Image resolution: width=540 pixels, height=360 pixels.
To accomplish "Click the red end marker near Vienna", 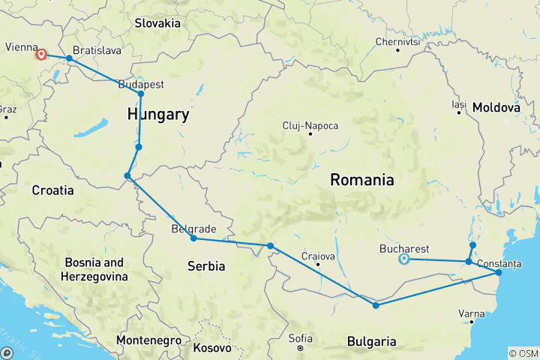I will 41,54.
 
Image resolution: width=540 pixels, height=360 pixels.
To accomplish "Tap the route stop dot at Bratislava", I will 69,58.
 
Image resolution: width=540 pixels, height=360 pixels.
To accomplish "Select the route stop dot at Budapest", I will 141,94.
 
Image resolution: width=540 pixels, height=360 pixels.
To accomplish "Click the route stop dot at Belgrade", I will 193,238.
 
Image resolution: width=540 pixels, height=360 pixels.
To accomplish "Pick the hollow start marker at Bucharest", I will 403,259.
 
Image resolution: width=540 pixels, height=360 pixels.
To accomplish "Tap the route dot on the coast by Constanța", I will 499,273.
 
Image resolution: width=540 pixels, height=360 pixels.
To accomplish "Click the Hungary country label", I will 157,115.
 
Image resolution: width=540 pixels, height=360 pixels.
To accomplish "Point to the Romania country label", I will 363,180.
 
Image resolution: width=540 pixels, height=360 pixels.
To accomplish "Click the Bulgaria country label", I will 372,342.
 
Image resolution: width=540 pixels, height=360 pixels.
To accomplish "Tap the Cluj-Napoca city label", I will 310,125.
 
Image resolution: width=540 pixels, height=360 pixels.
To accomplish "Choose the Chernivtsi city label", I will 397,41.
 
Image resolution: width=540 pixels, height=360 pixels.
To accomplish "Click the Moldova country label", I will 496,108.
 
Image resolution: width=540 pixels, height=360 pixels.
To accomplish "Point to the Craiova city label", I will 317,256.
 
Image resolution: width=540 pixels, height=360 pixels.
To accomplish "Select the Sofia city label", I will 300,338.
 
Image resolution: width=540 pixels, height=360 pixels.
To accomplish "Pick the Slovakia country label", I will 157,23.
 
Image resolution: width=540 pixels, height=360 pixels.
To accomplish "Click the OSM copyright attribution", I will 523,353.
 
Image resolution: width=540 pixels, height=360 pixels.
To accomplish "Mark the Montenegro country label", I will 148,340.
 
